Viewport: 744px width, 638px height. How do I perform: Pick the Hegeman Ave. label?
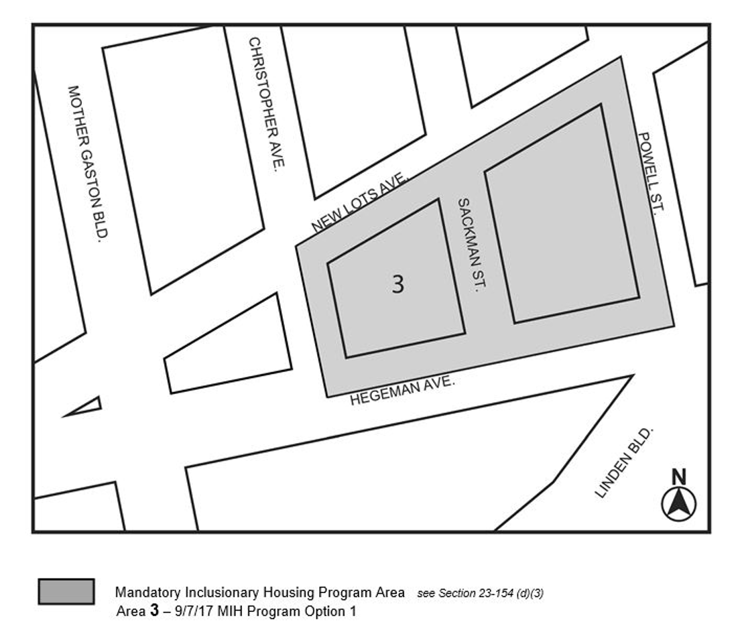[x=403, y=391]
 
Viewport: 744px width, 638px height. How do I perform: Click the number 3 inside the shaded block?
[x=397, y=285]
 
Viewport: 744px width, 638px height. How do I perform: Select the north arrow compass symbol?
[x=679, y=504]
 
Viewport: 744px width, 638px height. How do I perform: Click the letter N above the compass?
[x=679, y=476]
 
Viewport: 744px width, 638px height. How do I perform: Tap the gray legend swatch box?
[x=66, y=591]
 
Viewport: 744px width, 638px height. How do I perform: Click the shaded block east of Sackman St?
[x=562, y=214]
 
